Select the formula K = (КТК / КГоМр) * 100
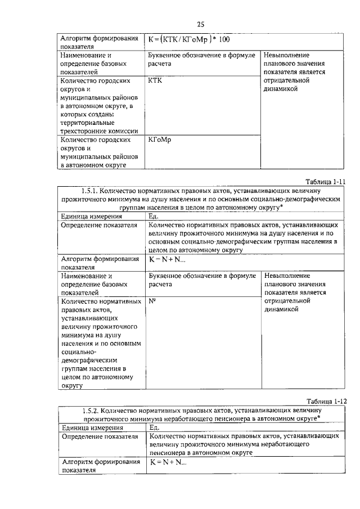[188, 40]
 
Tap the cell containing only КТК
[154, 81]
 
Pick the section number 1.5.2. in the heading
[94, 410]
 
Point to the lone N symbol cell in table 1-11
[152, 301]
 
